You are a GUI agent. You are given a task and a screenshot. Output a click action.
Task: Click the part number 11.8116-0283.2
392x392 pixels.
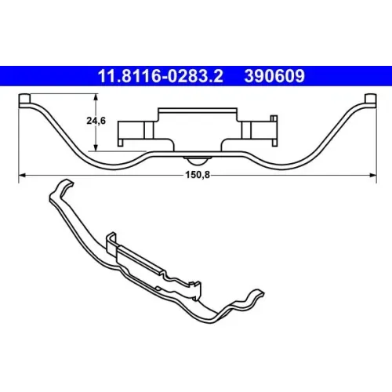160,76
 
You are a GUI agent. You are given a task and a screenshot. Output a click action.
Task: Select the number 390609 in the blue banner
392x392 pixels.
274,76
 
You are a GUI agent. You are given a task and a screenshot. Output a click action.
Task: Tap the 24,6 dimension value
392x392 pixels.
96,121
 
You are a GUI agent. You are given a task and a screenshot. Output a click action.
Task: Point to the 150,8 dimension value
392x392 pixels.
198,175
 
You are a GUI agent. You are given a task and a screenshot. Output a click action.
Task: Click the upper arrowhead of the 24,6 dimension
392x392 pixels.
96,96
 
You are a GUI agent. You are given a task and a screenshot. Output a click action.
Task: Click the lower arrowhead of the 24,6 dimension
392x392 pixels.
96,147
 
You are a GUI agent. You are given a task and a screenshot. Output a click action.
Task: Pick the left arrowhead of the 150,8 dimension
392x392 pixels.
22,175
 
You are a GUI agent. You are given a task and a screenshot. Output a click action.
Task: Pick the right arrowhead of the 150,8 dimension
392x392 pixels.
373,175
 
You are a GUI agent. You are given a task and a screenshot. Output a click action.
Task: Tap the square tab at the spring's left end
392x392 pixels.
25,98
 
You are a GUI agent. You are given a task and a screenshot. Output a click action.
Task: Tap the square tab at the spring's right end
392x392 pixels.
371,98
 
